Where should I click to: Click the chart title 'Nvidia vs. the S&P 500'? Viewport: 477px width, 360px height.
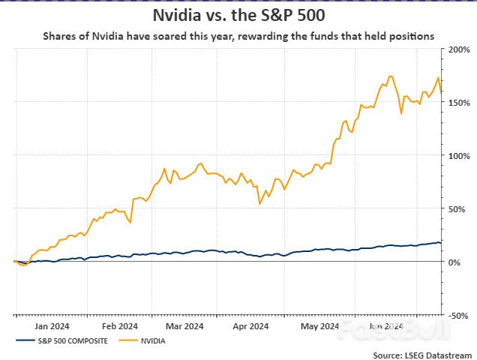pyautogui.click(x=238, y=14)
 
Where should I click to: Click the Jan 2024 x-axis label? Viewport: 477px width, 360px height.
pyautogui.click(x=52, y=326)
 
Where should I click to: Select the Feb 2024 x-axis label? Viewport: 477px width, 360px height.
pyautogui.click(x=119, y=326)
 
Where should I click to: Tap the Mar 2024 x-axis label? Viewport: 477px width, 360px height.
pyautogui.click(x=184, y=326)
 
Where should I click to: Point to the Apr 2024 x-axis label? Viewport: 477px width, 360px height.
pyautogui.click(x=250, y=326)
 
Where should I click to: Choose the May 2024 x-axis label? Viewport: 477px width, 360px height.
pyautogui.click(x=318, y=326)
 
